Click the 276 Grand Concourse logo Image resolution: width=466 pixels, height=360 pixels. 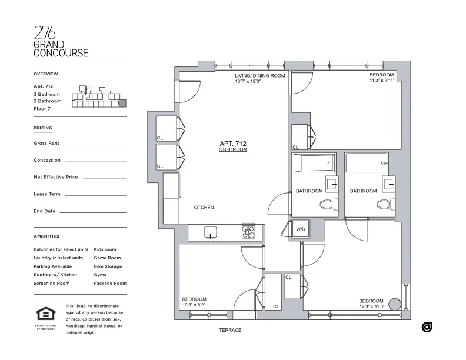(x=61, y=41)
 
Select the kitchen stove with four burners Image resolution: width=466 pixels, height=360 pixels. (x=248, y=232)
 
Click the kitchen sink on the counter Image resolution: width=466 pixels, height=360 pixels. (x=209, y=232)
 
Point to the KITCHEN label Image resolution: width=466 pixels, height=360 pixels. (x=204, y=208)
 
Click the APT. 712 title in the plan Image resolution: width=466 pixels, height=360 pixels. (x=232, y=144)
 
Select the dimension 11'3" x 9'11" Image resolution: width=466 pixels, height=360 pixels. (x=381, y=82)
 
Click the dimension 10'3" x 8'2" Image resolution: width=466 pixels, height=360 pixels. (x=194, y=305)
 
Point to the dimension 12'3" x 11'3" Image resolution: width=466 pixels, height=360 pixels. (x=371, y=306)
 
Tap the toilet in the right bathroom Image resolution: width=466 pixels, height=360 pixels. (x=384, y=205)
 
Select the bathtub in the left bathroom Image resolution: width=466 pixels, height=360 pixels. (x=314, y=162)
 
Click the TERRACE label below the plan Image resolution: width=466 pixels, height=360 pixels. (x=230, y=330)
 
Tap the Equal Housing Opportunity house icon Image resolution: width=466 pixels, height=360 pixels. (x=45, y=314)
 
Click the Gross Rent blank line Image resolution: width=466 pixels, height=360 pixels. (x=95, y=144)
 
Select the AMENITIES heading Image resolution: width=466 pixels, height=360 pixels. (x=46, y=236)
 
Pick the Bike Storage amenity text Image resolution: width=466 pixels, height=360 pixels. (x=108, y=266)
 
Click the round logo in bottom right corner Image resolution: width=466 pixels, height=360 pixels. (x=427, y=326)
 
